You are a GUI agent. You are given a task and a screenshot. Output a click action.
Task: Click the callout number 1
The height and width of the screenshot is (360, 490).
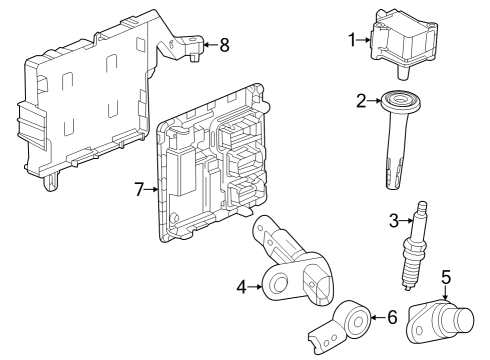351,40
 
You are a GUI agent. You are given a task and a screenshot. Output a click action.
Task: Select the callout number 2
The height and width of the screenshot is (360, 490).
362,99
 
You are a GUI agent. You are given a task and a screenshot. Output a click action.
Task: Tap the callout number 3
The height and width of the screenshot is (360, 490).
394,220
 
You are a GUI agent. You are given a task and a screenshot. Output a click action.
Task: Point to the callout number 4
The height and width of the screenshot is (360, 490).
241,287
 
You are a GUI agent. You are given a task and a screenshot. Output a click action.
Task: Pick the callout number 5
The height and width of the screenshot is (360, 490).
446,276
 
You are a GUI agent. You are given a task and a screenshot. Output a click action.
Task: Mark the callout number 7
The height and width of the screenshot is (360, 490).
139,188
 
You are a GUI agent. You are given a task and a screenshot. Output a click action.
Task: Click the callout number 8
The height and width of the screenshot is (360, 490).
224,44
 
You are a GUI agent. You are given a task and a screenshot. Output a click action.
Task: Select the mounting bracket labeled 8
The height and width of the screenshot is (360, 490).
90,100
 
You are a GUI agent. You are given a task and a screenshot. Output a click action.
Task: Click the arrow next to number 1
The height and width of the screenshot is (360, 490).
365,40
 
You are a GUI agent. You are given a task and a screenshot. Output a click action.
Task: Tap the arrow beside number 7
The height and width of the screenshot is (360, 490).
152,188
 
